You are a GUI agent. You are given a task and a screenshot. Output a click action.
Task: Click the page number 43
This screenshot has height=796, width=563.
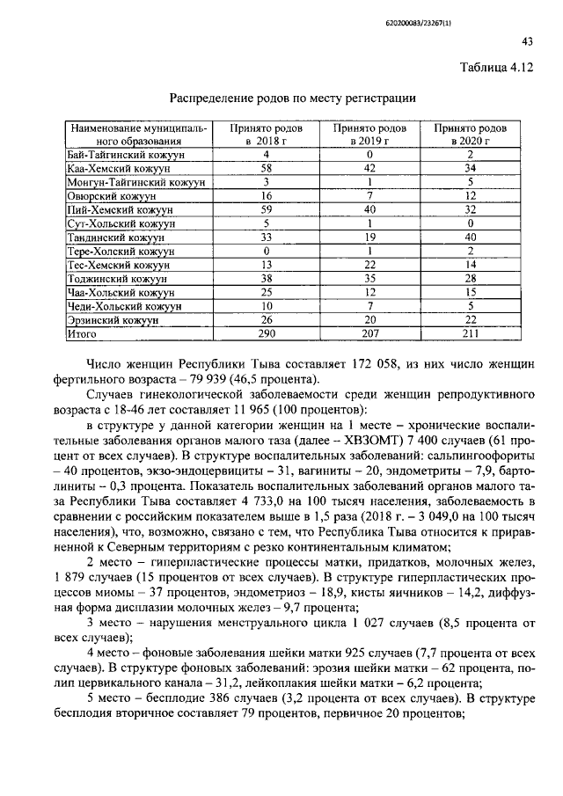pyautogui.click(x=527, y=41)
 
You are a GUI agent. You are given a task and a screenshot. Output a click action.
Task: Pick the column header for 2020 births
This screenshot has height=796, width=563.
pyautogui.click(x=471, y=134)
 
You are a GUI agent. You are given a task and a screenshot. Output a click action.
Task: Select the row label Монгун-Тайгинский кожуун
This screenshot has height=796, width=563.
pyautogui.click(x=136, y=182)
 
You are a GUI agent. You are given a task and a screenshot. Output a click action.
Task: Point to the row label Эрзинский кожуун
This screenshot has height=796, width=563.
pyautogui.click(x=113, y=321)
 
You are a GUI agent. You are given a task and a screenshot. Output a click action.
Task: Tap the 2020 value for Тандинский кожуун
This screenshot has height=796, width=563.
pyautogui.click(x=471, y=237)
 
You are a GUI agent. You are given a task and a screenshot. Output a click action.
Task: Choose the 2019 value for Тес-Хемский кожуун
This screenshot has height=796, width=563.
pyautogui.click(x=369, y=266)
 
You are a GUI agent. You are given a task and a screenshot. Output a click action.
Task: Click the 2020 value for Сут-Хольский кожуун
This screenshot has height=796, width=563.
pyautogui.click(x=471, y=224)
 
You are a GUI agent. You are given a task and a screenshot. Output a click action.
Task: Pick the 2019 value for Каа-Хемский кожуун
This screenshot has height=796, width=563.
pyautogui.click(x=369, y=168)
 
